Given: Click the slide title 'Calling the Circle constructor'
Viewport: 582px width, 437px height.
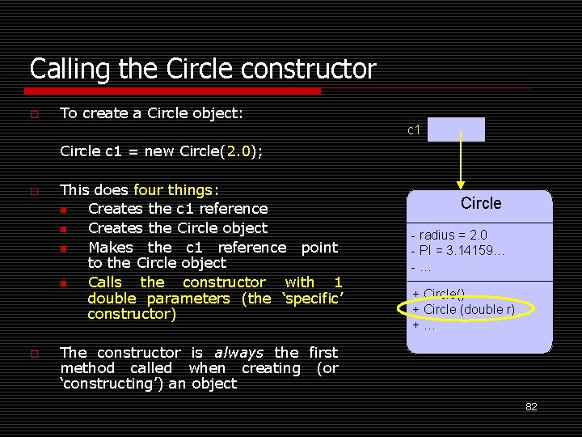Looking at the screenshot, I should (203, 69).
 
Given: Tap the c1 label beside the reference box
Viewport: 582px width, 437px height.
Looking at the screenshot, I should (413, 129).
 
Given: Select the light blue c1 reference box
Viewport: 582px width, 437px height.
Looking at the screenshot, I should (456, 129).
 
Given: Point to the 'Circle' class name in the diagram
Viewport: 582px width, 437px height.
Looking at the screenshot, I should (481, 203).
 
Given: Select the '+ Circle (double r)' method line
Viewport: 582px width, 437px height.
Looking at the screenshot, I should (463, 310).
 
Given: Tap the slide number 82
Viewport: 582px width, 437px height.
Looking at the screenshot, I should (531, 407).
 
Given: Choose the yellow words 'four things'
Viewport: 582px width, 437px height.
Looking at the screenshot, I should (172, 190).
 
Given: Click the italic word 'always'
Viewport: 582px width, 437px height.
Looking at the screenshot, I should (239, 353).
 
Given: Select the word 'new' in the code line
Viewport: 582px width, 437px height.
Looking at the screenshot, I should (158, 151).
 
